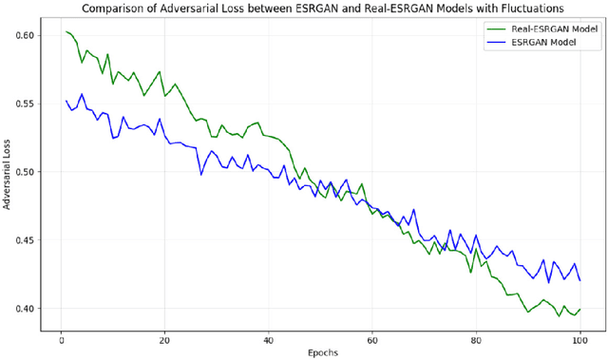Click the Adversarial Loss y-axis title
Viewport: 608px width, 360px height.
pos(9,171)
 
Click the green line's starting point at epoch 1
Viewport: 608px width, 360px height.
pos(66,31)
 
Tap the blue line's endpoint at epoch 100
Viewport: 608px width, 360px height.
pos(579,280)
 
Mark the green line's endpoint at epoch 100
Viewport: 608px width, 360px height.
pos(579,309)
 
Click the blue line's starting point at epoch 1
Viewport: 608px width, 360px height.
pos(66,101)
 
